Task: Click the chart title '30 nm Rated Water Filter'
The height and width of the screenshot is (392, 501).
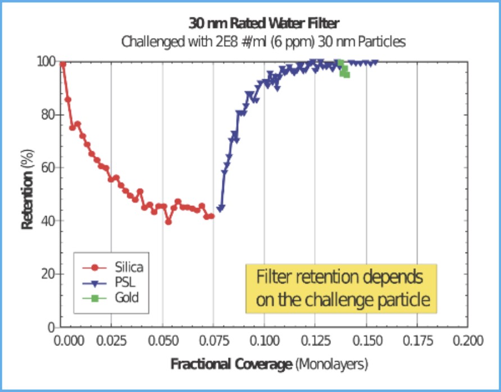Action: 264,24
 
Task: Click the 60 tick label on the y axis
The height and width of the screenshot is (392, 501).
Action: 48,168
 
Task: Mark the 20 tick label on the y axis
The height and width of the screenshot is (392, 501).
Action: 48,274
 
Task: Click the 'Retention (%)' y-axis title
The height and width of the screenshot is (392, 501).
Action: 26,193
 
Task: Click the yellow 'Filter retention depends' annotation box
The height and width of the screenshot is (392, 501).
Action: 341,289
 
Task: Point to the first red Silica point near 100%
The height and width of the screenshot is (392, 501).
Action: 63,64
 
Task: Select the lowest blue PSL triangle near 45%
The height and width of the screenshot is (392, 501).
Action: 221,208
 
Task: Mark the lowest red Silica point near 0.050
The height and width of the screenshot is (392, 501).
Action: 168,222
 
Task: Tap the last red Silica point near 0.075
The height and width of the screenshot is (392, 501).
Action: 211,216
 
